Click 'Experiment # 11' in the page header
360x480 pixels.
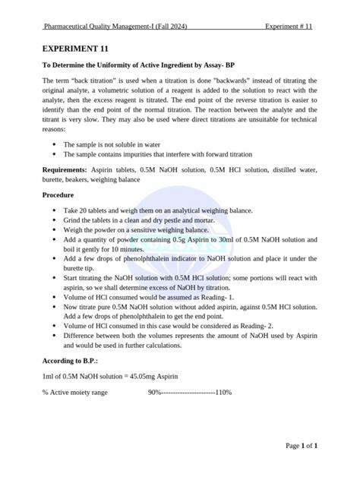[289, 27]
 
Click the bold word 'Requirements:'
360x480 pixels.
[65, 172]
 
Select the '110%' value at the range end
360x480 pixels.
[223, 393]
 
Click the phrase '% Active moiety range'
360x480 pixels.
[75, 393]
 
